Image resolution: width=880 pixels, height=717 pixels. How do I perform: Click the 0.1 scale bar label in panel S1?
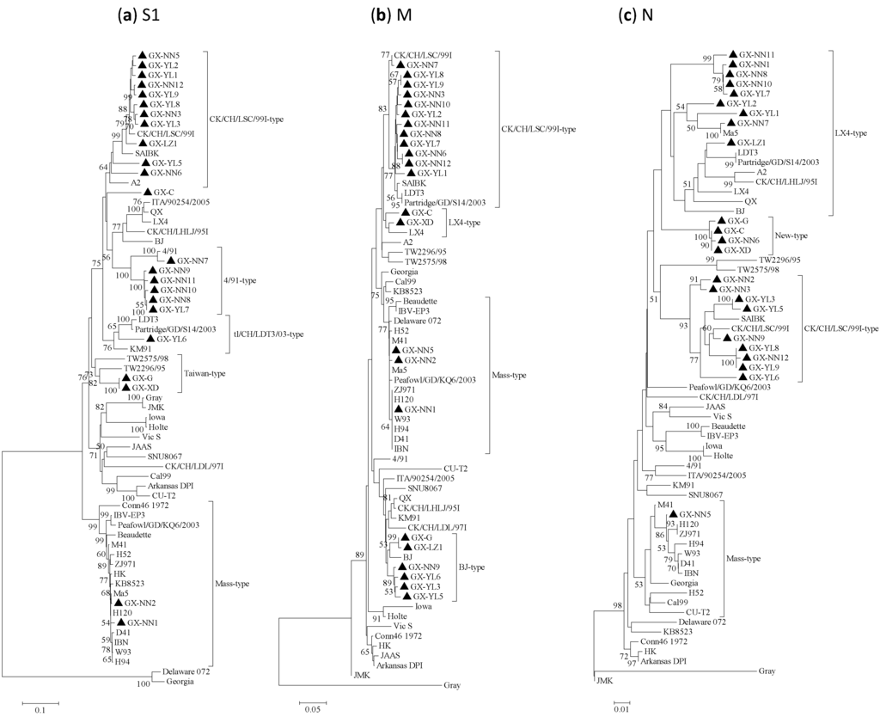pyautogui.click(x=40, y=710)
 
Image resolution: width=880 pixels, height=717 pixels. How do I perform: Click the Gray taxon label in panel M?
pyautogui.click(x=452, y=686)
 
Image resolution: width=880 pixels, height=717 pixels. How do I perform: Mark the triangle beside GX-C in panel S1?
pyautogui.click(x=149, y=192)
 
